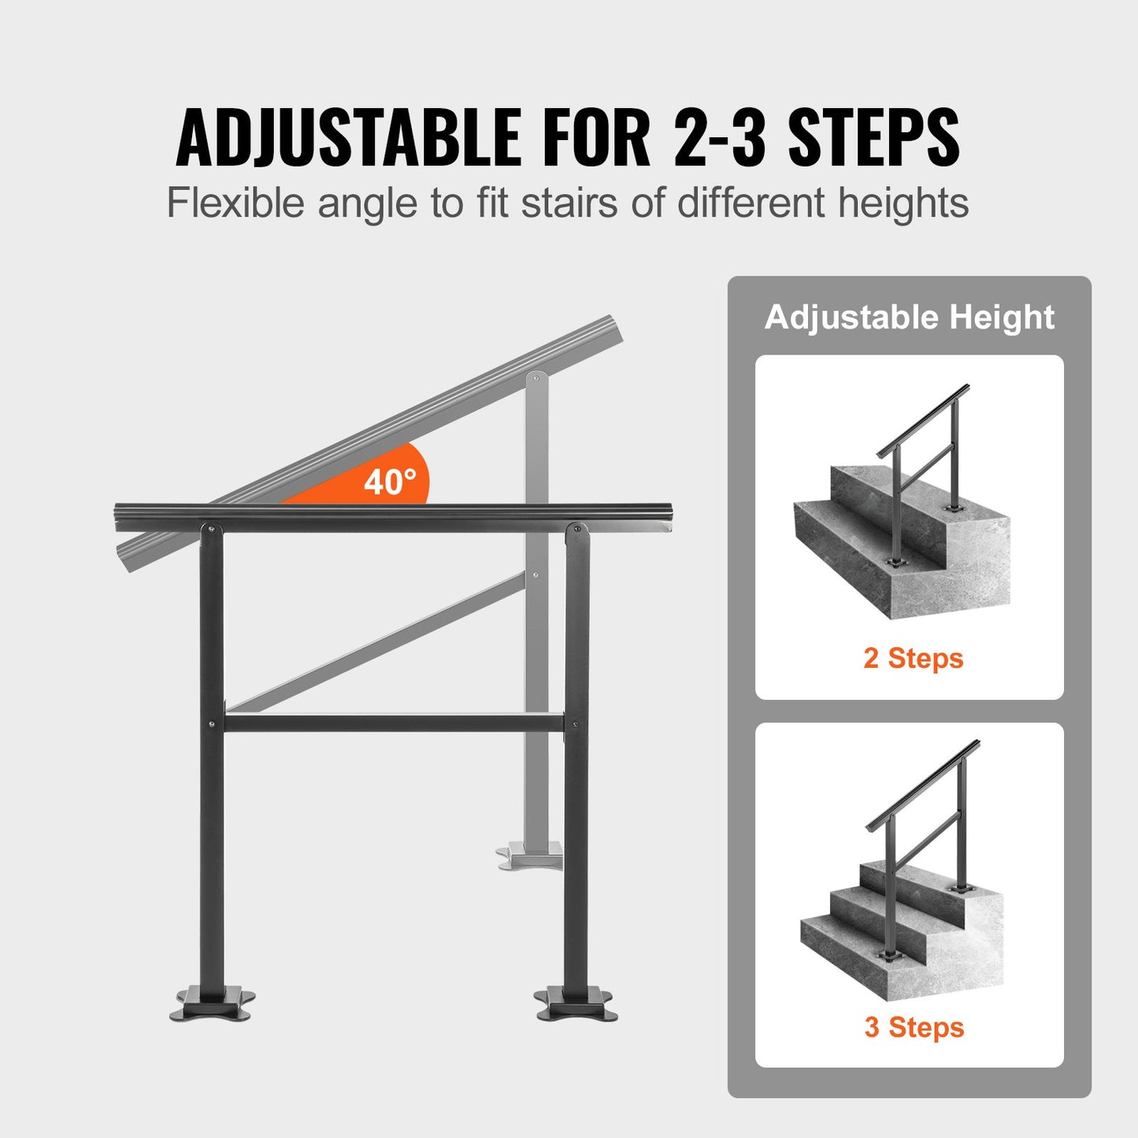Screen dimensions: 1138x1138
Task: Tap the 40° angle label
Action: click(390, 481)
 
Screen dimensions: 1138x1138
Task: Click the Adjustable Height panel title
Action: click(909, 317)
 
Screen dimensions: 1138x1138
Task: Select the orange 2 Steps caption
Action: click(913, 658)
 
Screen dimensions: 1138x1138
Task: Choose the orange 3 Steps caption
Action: click(914, 1027)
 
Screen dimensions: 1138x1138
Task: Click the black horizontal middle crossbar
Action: click(394, 722)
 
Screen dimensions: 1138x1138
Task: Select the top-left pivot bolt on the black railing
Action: click(210, 528)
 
